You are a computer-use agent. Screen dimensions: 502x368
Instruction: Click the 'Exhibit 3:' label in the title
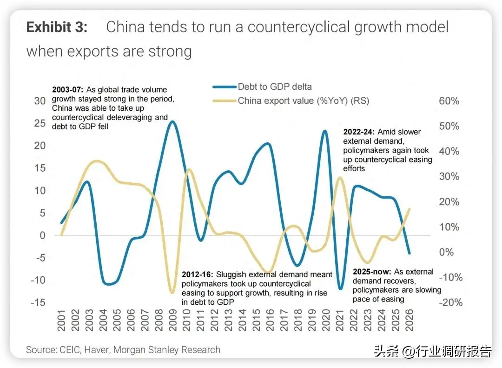(57, 27)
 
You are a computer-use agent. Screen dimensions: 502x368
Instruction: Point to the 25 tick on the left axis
(40, 123)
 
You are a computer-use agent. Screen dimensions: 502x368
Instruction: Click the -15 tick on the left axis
(38, 302)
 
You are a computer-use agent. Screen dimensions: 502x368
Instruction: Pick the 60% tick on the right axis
(449, 100)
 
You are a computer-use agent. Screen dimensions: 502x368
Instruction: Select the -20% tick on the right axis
(450, 302)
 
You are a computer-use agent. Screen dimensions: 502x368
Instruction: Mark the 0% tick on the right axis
(446, 252)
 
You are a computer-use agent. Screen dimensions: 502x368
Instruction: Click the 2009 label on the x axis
(172, 320)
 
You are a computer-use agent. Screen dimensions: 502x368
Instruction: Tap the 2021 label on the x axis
(340, 320)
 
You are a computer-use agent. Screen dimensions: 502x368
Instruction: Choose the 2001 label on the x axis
(61, 320)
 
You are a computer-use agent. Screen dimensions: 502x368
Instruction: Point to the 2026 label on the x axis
(409, 320)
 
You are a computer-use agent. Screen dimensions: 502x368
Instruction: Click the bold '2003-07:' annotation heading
(67, 89)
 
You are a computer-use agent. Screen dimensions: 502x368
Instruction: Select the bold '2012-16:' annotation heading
(197, 274)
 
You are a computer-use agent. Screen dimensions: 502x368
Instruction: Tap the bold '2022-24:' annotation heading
(359, 132)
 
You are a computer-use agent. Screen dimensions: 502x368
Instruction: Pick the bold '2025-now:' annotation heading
(372, 272)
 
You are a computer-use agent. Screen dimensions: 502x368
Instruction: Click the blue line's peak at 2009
(172, 121)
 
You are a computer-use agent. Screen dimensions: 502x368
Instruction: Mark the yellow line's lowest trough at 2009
(172, 292)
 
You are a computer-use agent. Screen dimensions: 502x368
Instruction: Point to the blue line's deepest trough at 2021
(340, 288)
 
